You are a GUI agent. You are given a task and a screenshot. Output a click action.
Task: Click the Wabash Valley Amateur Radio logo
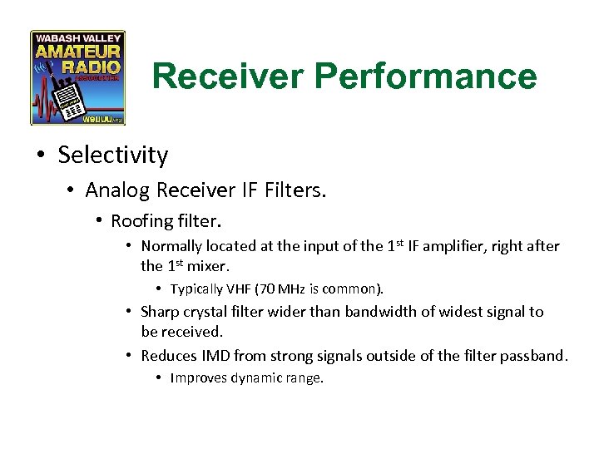click(x=77, y=77)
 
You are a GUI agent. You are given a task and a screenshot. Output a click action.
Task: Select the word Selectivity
click(x=113, y=155)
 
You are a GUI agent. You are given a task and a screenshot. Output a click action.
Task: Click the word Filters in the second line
click(x=295, y=190)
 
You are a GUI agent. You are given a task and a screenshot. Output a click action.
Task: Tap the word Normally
click(x=172, y=246)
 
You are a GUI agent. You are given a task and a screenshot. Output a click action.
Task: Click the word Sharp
click(x=159, y=312)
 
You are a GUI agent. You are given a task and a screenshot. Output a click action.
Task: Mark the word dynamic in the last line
click(x=257, y=378)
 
